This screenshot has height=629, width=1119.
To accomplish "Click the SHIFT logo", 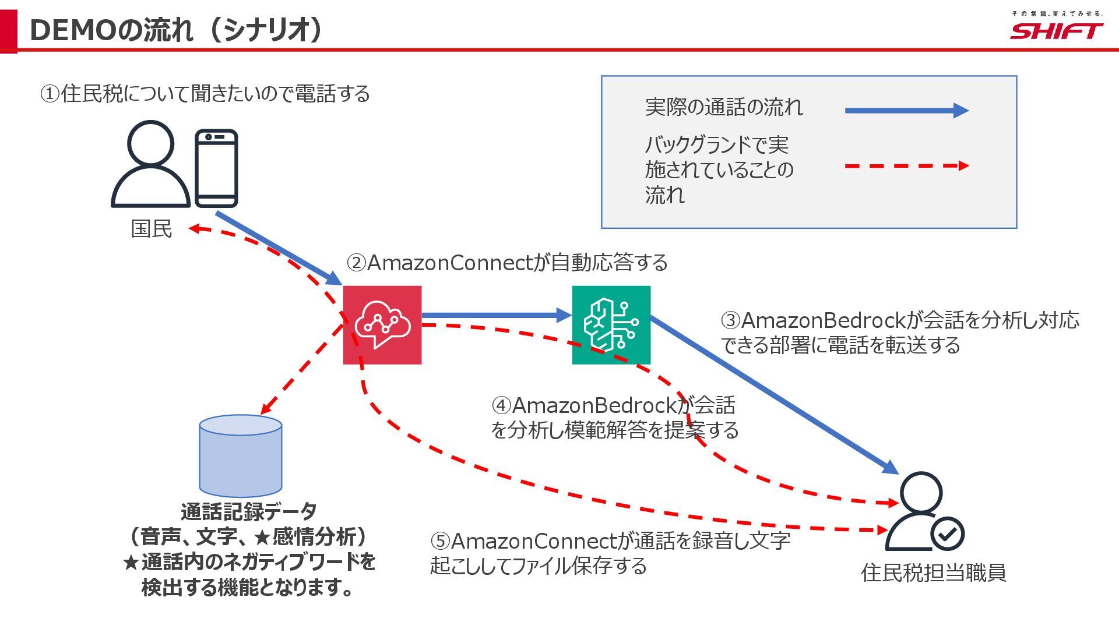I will pos(1056,30).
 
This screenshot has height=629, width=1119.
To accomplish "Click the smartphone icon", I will pos(216,168).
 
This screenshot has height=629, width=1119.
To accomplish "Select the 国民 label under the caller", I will pos(152,229).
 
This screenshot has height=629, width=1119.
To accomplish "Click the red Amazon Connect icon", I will pos(382,325).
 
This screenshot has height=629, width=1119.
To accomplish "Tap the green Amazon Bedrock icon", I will pos(611,325).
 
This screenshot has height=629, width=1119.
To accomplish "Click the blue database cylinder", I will pos(240,455).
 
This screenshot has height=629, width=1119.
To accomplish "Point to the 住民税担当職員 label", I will pos(933,573).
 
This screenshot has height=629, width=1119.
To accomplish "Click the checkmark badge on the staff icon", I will pos(948,533).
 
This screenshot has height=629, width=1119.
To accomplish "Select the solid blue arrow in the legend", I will pos(906,110).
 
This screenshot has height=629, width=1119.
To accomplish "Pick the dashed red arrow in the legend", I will pos(906,166).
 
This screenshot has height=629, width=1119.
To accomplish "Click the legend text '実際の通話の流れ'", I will pos(724,107).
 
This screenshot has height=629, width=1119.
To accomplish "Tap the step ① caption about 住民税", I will pos(205,93).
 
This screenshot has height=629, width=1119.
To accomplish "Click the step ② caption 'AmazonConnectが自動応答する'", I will pos(507,263).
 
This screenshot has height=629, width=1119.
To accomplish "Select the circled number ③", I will pos(730,320).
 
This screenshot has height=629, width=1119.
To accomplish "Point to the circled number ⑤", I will pos(440,542).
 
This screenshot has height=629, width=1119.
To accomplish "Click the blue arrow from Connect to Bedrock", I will pos(495,316).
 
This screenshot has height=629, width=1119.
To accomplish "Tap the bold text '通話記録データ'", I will pos(249,512).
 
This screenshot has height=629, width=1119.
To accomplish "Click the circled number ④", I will pos(501,405).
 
